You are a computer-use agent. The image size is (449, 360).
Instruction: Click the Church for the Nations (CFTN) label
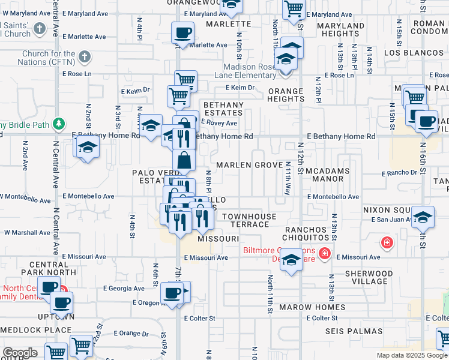point(45,58)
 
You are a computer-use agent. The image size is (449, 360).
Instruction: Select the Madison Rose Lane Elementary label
point(250,71)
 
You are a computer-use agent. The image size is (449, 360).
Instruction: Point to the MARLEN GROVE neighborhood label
point(249,165)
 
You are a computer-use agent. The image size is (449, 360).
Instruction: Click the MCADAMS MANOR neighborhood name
point(332,175)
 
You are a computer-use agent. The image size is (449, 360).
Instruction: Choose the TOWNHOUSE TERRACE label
point(249,220)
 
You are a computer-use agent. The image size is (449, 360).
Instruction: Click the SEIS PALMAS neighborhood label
point(354,331)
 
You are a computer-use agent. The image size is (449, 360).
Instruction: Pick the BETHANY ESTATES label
point(224,109)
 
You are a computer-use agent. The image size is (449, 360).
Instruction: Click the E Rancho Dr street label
point(399,173)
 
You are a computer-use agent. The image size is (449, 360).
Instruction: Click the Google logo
point(19,353)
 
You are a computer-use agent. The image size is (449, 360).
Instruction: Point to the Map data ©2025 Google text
point(411,355)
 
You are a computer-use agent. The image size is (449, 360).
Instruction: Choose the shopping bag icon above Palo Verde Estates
point(184,160)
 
